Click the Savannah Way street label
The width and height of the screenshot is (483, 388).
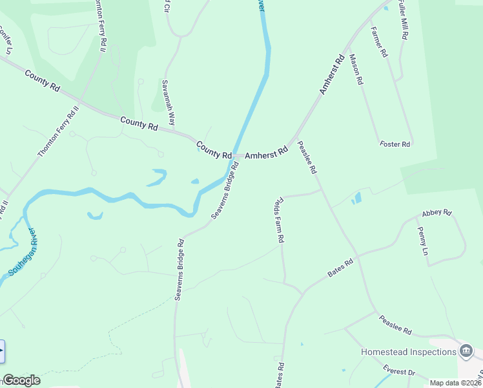click(169, 104)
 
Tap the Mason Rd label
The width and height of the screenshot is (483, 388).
click(356, 70)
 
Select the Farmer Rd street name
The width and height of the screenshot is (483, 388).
click(378, 41)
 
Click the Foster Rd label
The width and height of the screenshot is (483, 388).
click(395, 144)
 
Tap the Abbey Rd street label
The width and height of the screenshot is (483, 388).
click(437, 213)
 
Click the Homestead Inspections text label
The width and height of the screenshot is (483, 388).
click(408, 352)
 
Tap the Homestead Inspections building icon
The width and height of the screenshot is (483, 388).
click(466, 351)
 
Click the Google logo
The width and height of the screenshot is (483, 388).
click(21, 380)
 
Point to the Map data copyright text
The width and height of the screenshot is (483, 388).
click(455, 383)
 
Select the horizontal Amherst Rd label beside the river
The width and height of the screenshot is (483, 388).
click(266, 155)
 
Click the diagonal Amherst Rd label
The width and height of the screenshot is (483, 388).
click(331, 76)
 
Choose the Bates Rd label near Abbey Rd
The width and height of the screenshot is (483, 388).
click(340, 268)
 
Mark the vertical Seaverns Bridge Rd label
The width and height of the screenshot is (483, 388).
click(180, 270)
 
